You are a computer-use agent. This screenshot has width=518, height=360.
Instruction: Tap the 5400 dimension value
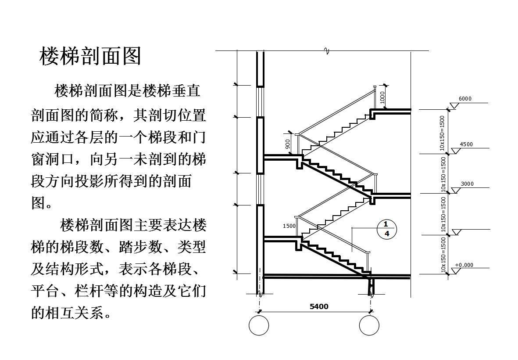click(319, 306)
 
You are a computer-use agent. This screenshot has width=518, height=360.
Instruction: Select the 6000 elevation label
click(465, 99)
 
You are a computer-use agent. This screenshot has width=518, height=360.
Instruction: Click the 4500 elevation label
click(466, 144)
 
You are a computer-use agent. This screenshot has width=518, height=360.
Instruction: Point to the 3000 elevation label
click(467, 184)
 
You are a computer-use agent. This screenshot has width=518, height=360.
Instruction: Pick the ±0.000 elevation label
click(464, 265)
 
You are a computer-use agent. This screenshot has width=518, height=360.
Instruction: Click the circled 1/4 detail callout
click(386, 229)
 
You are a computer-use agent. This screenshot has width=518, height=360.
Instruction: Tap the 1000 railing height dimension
click(382, 97)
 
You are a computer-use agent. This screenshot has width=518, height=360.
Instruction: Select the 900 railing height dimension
click(288, 144)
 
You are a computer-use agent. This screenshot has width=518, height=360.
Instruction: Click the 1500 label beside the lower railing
click(289, 226)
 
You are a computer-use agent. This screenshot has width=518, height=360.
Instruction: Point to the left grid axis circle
click(259, 326)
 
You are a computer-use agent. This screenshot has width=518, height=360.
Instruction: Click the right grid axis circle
click(369, 326)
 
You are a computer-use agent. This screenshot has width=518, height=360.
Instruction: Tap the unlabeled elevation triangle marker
click(457, 232)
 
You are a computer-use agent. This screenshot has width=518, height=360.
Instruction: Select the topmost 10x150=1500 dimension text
click(443, 133)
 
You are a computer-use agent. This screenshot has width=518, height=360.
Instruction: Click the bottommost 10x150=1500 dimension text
click(443, 255)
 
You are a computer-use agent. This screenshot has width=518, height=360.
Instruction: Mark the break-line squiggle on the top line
click(326, 51)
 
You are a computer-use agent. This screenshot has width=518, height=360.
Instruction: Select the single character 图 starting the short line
click(38, 203)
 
